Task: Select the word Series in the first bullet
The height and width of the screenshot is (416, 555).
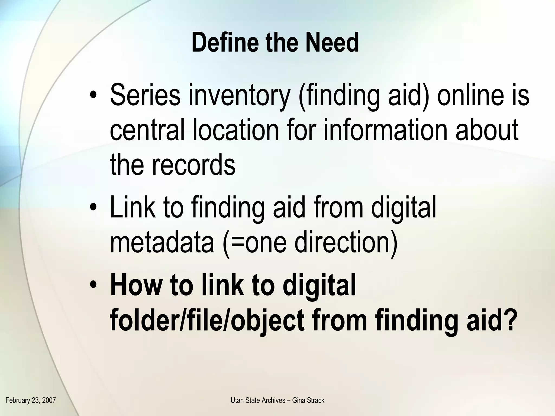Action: (145, 95)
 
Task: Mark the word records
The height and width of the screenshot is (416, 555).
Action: (193, 164)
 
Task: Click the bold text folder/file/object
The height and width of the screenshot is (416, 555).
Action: (207, 320)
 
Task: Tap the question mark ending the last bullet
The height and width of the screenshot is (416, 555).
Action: (508, 320)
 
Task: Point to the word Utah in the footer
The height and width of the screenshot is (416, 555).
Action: (236, 400)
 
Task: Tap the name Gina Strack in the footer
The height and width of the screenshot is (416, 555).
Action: (308, 400)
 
